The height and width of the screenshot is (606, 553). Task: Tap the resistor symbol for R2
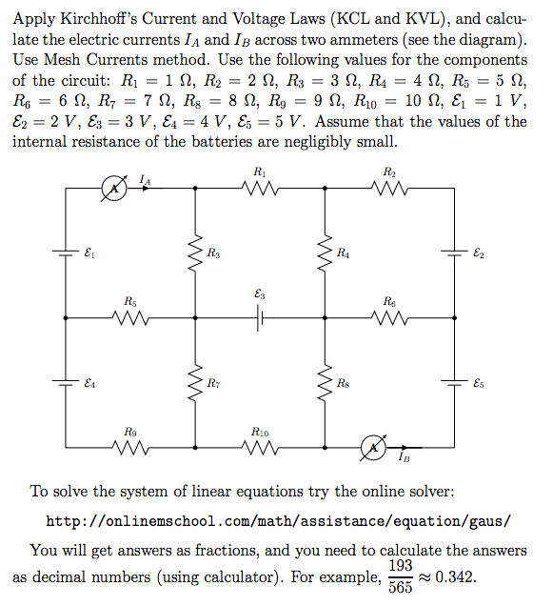point(390,190)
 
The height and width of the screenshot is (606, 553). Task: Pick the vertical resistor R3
point(195,253)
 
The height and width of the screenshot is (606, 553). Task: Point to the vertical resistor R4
point(326,253)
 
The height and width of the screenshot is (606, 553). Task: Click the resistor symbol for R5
point(130,319)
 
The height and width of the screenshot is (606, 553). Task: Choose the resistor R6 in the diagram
point(390,319)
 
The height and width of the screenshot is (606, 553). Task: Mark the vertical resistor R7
point(195,383)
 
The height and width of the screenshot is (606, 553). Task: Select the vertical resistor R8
point(326,383)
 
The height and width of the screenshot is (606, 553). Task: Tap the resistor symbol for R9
point(130,448)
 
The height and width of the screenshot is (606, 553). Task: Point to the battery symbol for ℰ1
point(66,253)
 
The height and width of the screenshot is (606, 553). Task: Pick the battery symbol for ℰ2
point(455,253)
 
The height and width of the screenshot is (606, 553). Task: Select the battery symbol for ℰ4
point(66,383)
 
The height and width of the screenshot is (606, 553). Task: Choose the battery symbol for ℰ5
point(455,383)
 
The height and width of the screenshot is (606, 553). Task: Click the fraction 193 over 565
point(401,577)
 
